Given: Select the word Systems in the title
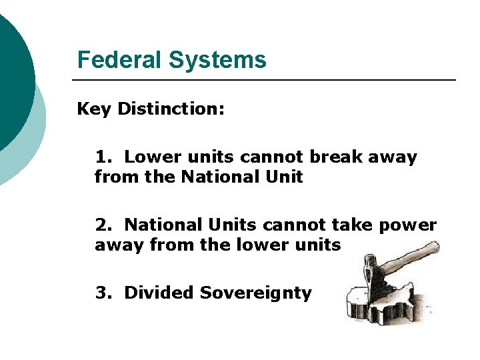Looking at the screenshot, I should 217,61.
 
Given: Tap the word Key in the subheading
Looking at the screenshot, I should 94,109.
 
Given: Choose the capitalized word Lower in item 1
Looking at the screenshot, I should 149,157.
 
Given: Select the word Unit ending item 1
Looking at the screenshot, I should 286,177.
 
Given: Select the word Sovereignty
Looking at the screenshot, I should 256,293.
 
